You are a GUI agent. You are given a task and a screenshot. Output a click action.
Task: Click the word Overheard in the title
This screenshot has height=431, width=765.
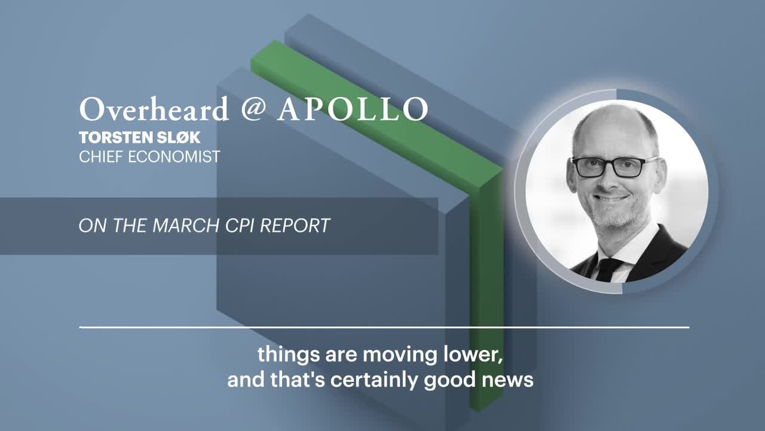point(154,109)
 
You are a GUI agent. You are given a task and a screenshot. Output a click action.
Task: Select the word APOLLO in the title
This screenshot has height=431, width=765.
point(353,109)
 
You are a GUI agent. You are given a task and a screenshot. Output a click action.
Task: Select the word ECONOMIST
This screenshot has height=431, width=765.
point(174,157)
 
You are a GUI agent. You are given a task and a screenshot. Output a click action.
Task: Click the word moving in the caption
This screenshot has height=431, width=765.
point(400,355)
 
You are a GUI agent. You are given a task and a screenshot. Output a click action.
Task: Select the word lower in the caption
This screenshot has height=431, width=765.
point(473,354)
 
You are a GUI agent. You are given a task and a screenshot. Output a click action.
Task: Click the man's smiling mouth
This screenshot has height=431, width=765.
point(611,198)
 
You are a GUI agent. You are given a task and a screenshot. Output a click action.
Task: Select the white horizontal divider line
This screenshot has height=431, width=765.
point(384,327)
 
